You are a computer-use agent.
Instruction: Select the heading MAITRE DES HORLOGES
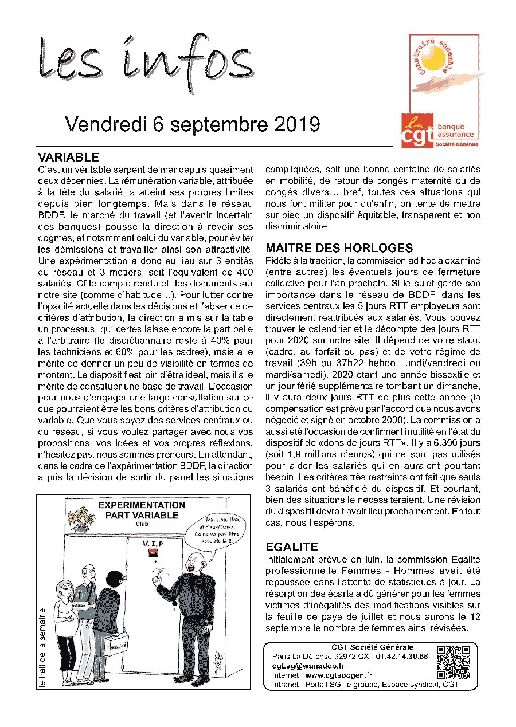point(339,249)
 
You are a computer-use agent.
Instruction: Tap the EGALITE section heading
point(292,547)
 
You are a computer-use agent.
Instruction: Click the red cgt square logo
point(418,131)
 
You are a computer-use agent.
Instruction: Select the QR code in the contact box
point(454,662)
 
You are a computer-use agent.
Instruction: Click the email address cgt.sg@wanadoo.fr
point(308,666)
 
